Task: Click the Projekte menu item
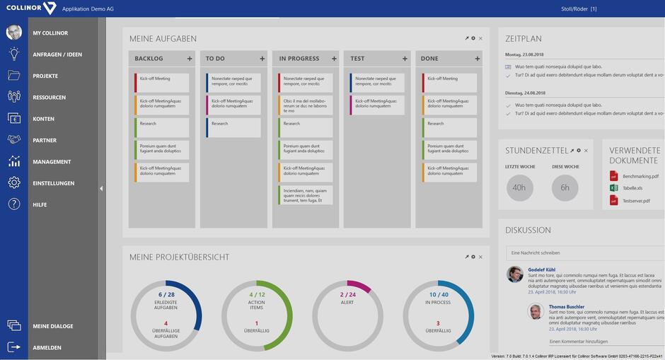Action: tap(45, 76)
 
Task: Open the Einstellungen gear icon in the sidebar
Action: tap(14, 183)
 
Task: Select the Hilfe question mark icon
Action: tap(14, 204)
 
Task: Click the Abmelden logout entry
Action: tap(47, 347)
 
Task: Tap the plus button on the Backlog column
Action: tap(190, 59)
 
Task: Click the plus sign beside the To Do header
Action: tap(262, 59)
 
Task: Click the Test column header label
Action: tap(357, 59)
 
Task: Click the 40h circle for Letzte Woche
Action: tap(519, 187)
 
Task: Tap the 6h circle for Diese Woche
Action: tap(565, 187)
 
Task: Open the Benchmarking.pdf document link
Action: tap(640, 176)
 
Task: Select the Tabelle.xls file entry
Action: tap(632, 188)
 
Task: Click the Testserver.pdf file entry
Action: tap(636, 201)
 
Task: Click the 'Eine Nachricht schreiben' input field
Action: tap(584, 252)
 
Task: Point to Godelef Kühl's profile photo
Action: tap(515, 274)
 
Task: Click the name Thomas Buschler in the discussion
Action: tap(566, 306)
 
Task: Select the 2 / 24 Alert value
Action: tap(347, 294)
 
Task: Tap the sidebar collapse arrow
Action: tap(101, 188)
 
